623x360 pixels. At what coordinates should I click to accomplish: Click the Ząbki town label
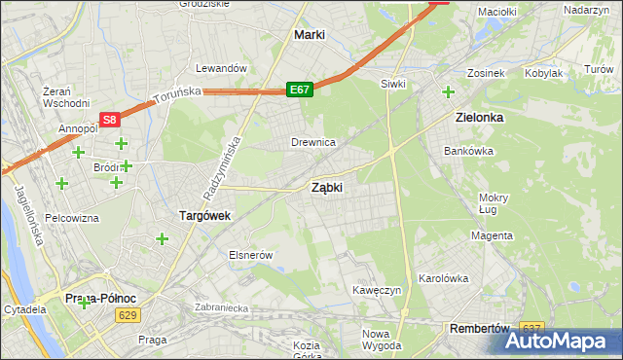pos(326,187)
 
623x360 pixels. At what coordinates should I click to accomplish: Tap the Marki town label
pos(309,35)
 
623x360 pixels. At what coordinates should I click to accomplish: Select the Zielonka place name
pos(479,117)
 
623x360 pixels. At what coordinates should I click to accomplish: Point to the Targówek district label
pos(203,216)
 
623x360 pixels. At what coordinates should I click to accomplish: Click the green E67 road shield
pos(300,90)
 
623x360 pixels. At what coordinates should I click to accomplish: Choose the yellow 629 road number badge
pos(127,315)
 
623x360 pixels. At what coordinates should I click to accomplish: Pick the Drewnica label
pos(313,143)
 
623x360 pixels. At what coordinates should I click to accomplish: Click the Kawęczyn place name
pos(378,291)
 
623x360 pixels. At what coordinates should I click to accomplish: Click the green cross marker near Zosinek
pos(448,92)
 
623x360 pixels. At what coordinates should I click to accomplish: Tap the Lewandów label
pos(219,69)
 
